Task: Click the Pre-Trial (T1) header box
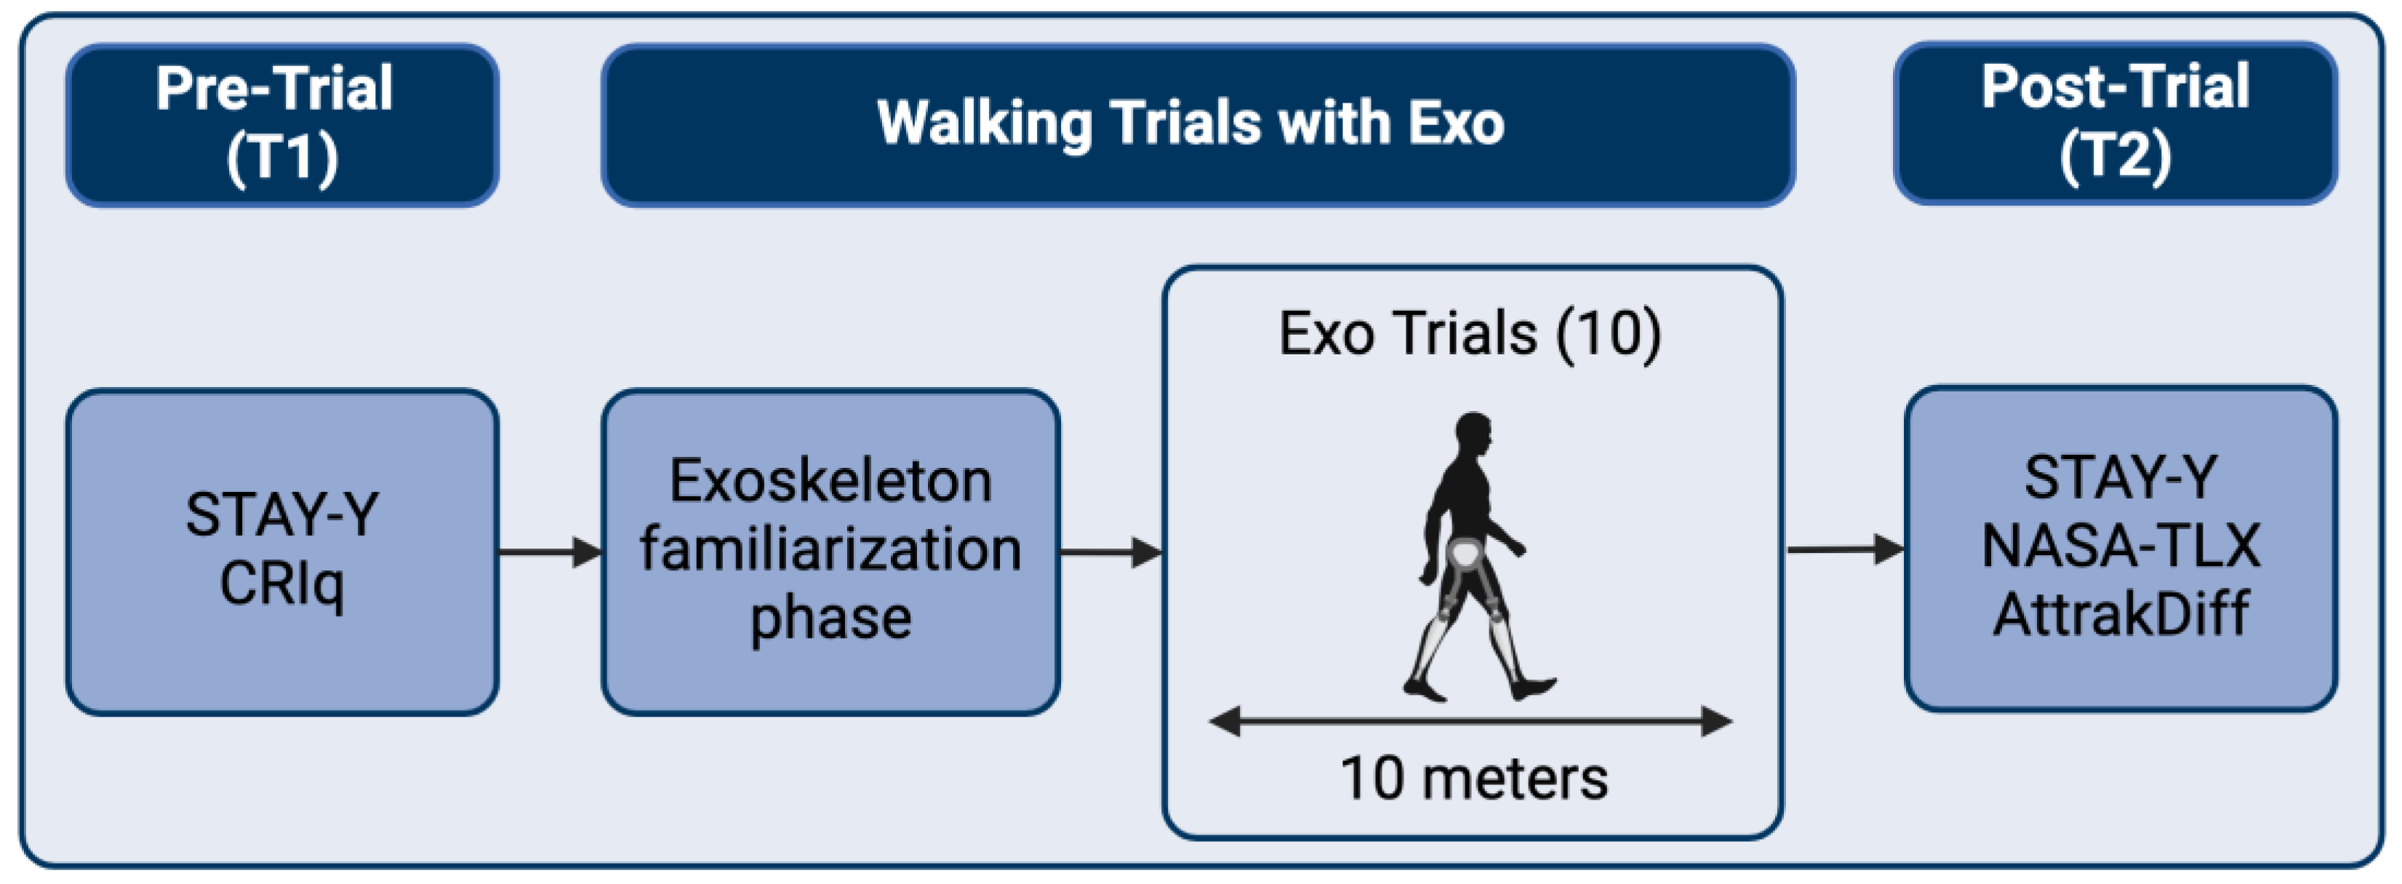[x=281, y=125]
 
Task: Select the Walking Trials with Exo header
[x=1198, y=125]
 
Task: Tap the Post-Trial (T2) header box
[x=2115, y=122]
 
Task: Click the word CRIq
[x=281, y=586]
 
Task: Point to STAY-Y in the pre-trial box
[x=281, y=514]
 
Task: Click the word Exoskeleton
[x=830, y=481]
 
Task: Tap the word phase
[x=830, y=619]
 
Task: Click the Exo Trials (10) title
[x=1470, y=334]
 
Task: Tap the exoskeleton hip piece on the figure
[x=1466, y=557]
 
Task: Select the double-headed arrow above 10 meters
[x=1470, y=721]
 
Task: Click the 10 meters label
[x=1473, y=779]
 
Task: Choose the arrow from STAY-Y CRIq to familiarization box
[x=551, y=552]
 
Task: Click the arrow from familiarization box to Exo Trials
[x=1111, y=552]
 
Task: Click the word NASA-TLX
[x=2121, y=546]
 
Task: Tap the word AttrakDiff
[x=2121, y=615]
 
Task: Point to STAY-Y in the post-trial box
[x=2121, y=477]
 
